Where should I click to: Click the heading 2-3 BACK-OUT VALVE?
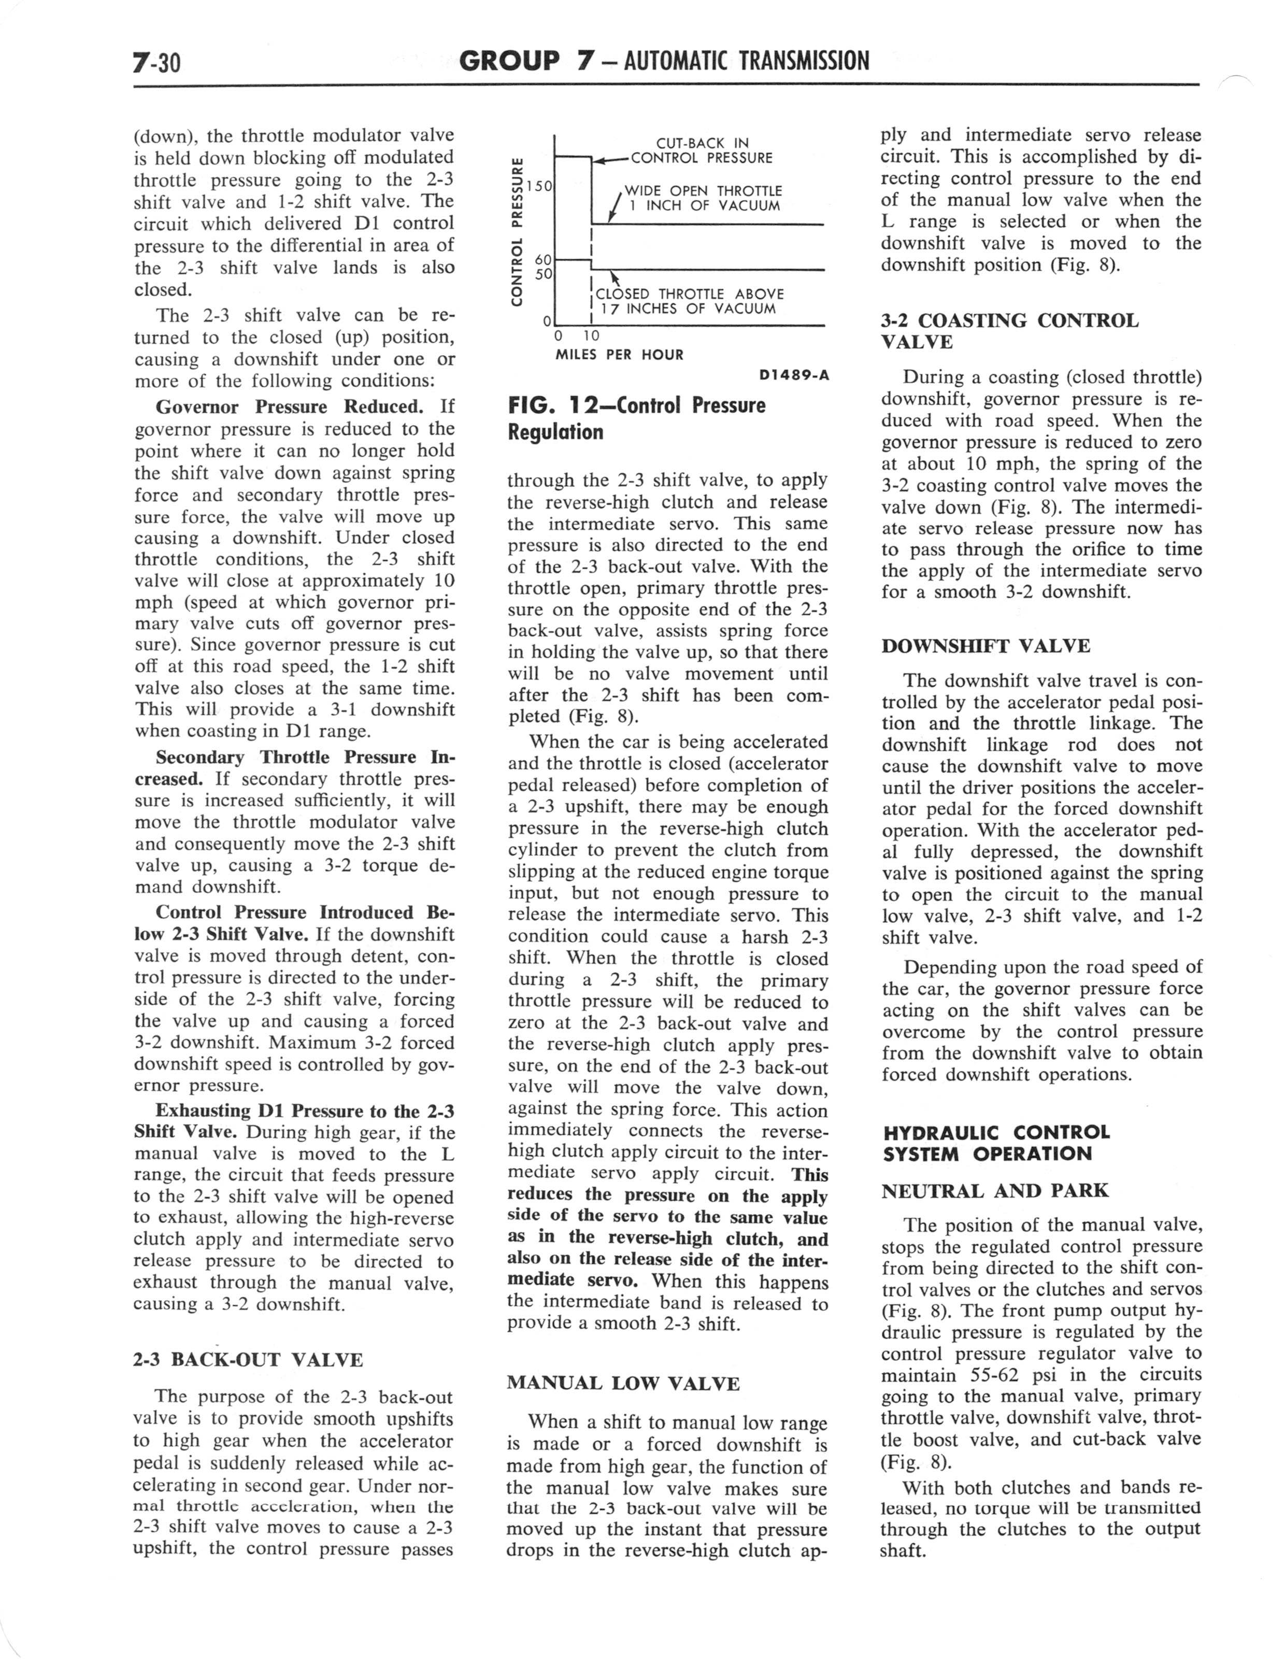(x=248, y=1359)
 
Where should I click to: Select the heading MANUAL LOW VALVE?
(x=623, y=1383)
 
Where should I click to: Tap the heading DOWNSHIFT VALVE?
(x=985, y=646)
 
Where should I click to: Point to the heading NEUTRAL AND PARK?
(x=994, y=1190)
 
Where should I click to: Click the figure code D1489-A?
(x=793, y=376)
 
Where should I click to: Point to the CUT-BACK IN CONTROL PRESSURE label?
(x=702, y=151)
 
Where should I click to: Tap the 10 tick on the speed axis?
(x=591, y=336)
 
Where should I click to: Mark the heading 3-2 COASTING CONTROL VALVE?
(x=1010, y=331)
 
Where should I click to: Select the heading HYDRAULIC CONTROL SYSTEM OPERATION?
(x=996, y=1143)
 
